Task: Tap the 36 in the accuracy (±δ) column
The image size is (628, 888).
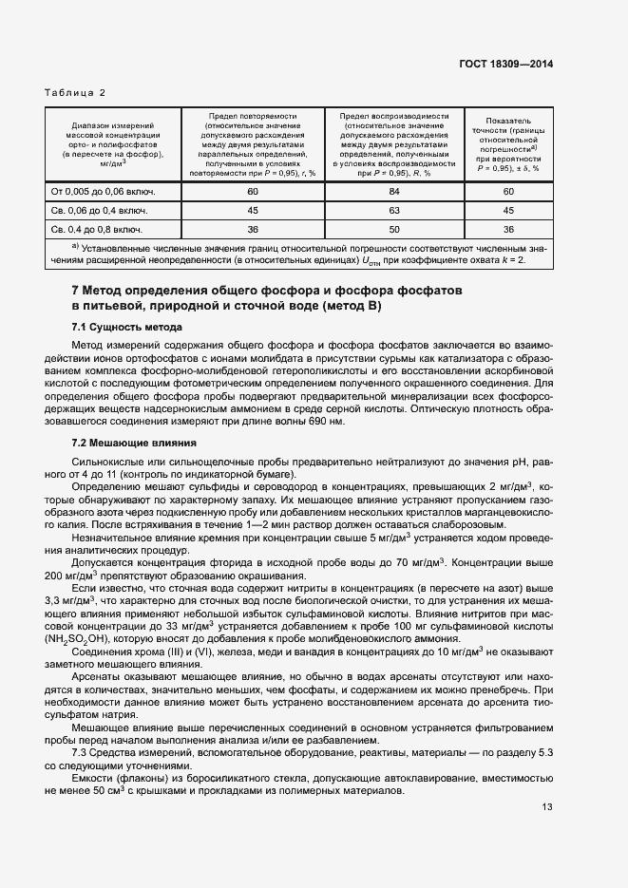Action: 508,229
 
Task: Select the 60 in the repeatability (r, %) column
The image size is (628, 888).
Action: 253,193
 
